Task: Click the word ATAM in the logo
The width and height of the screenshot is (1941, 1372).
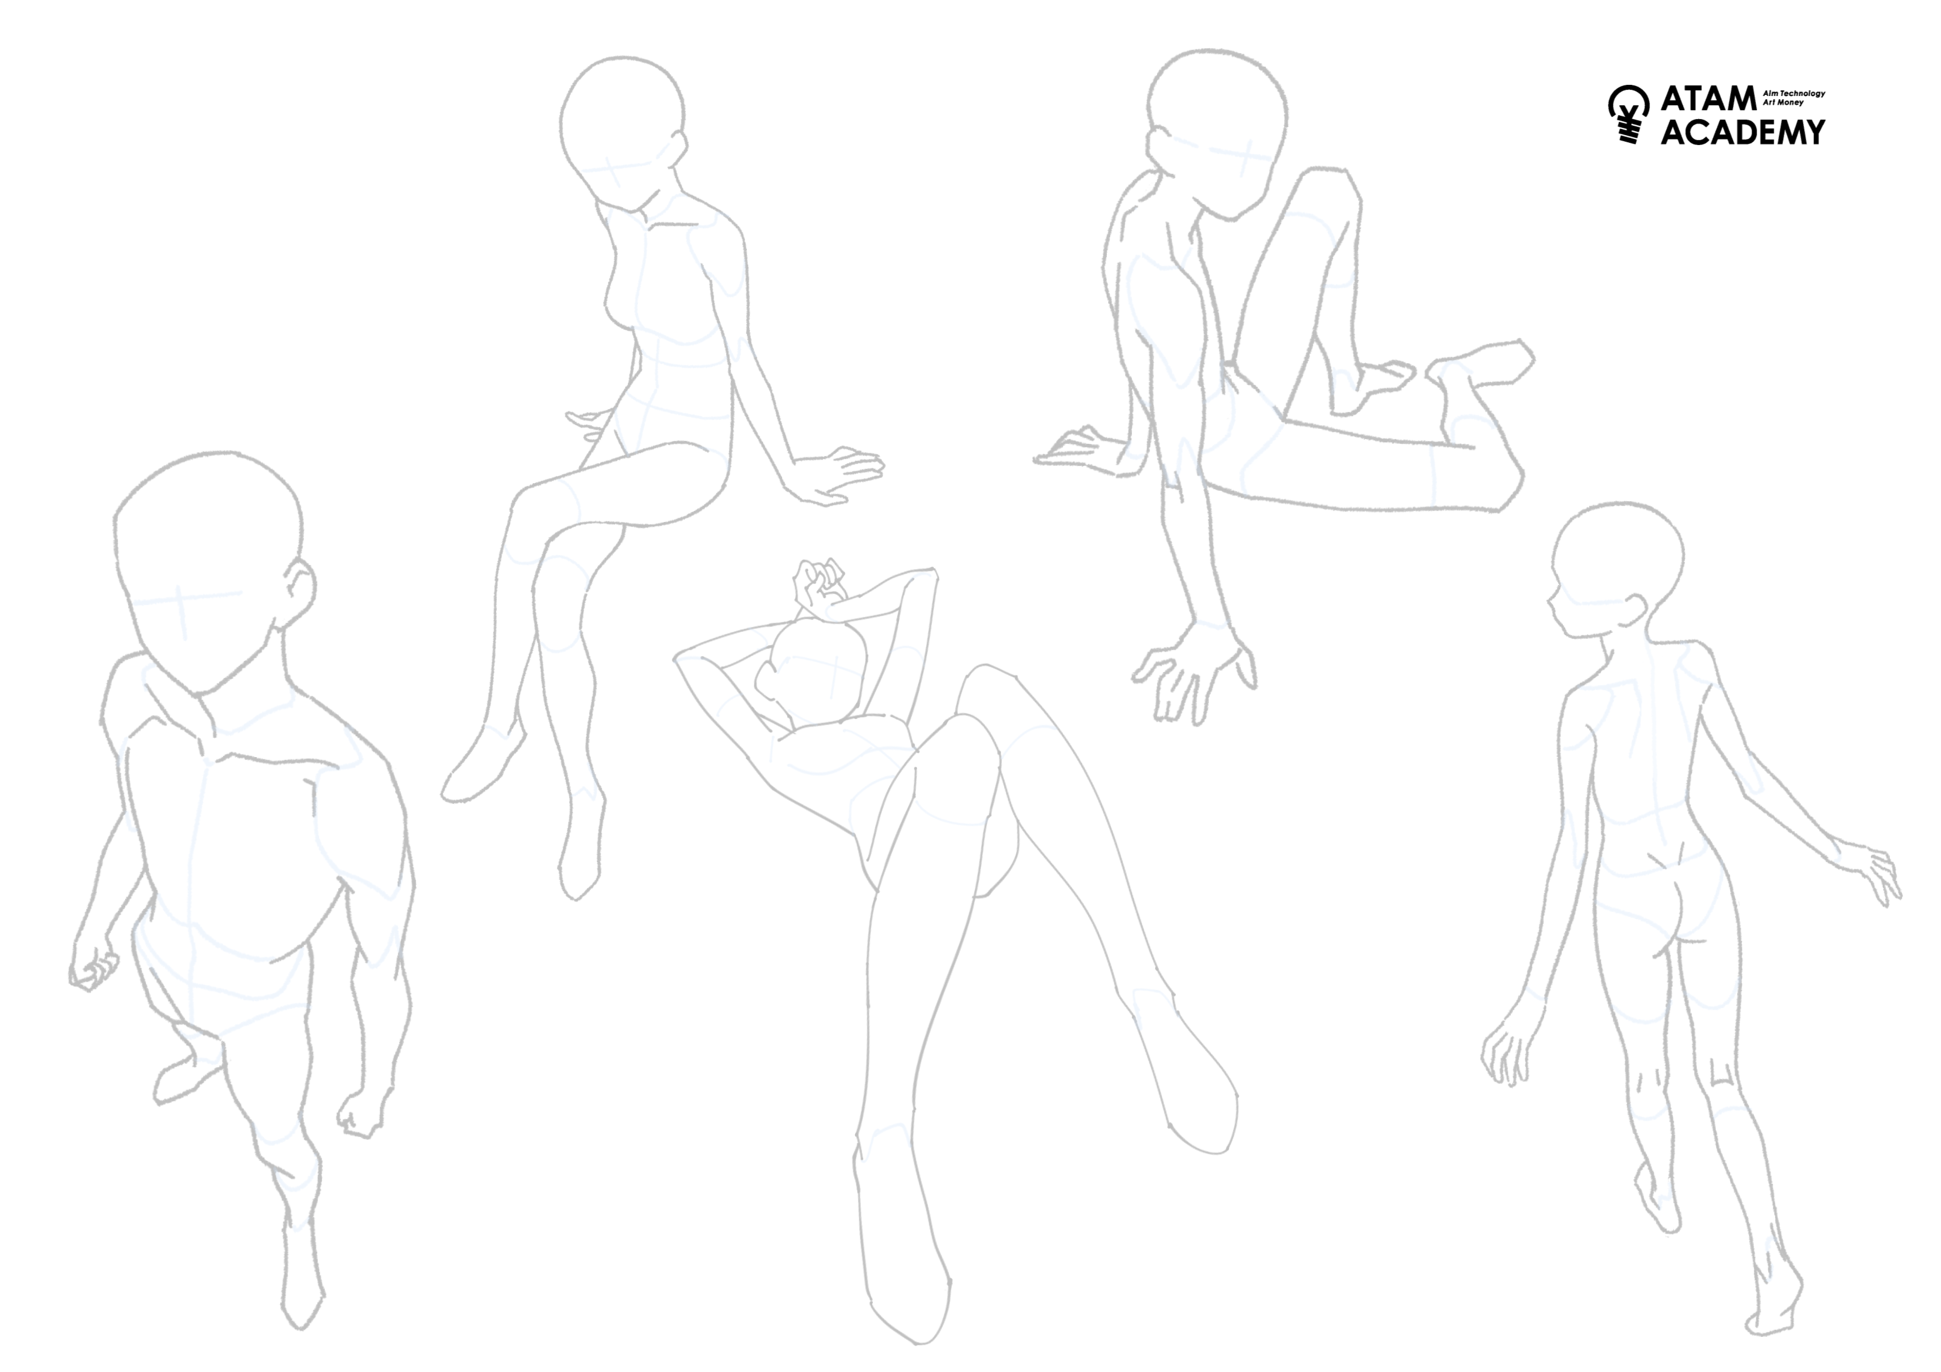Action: (1709, 99)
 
